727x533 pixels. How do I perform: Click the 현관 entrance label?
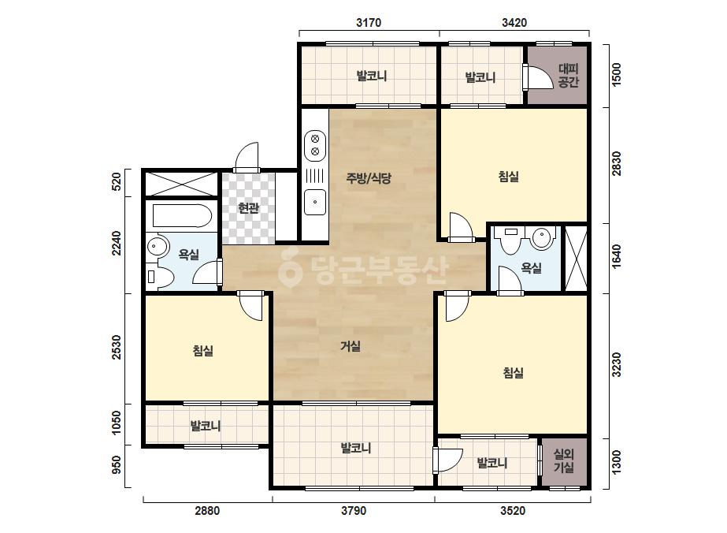(x=248, y=207)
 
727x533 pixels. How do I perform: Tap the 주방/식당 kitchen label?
(x=369, y=178)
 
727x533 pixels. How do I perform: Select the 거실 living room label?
(x=351, y=346)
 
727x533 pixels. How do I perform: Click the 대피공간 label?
(x=569, y=76)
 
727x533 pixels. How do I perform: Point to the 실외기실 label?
(x=564, y=460)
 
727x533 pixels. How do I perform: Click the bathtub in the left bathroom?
(x=182, y=216)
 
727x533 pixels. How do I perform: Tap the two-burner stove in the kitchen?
(x=315, y=145)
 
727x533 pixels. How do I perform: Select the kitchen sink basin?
(x=315, y=202)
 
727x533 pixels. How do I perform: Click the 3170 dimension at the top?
(x=369, y=22)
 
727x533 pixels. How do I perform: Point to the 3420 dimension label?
(x=514, y=22)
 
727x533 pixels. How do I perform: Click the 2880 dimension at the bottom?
(x=207, y=511)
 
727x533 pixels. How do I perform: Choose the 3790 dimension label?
(x=354, y=511)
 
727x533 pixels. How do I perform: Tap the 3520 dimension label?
(x=513, y=511)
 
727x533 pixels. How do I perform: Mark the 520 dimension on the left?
(x=117, y=181)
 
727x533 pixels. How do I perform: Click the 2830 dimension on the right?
(x=617, y=163)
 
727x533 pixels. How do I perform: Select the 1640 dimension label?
(x=617, y=257)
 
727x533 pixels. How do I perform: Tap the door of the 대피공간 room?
(x=539, y=77)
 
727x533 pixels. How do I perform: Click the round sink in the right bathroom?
(x=542, y=237)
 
